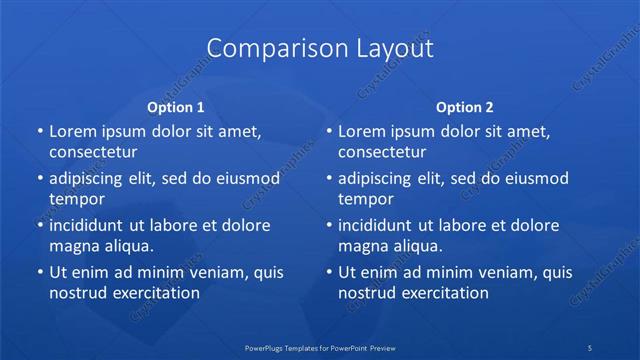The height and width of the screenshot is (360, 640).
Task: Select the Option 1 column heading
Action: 176,106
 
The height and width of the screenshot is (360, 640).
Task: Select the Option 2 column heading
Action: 465,106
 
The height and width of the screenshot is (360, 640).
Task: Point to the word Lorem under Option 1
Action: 71,131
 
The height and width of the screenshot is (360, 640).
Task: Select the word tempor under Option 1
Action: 77,199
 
